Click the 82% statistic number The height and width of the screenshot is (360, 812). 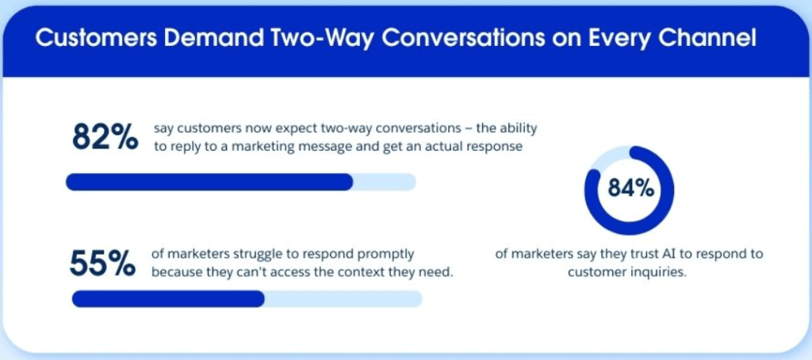coord(105,137)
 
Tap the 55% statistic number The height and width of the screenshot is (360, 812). coord(102,263)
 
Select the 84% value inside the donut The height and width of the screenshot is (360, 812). coord(630,190)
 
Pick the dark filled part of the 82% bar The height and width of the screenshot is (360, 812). coord(209,182)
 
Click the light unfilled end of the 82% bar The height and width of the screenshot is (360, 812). coord(385,182)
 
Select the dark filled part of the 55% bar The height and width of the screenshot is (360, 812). coord(168,299)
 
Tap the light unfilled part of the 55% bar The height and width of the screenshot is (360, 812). coord(343,299)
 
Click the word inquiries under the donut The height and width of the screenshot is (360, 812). coord(661,273)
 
